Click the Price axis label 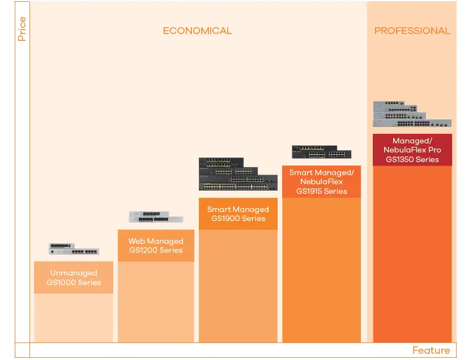22,29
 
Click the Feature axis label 431,350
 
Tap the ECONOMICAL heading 197,31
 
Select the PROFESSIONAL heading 412,31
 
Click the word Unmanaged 74,273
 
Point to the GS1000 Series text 74,282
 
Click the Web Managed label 156,241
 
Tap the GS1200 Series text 156,250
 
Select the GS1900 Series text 238,218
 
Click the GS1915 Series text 321,191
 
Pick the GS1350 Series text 412,159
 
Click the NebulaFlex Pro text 412,150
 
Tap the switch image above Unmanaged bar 74,249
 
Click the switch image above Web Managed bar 156,217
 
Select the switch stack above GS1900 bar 238,174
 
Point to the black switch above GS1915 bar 321,152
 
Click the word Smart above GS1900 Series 219,209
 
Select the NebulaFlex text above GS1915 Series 321,182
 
